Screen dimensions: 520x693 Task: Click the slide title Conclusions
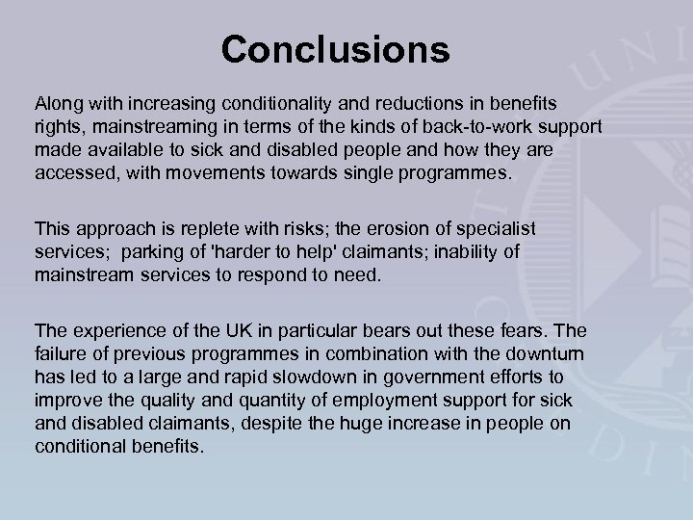click(x=335, y=49)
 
